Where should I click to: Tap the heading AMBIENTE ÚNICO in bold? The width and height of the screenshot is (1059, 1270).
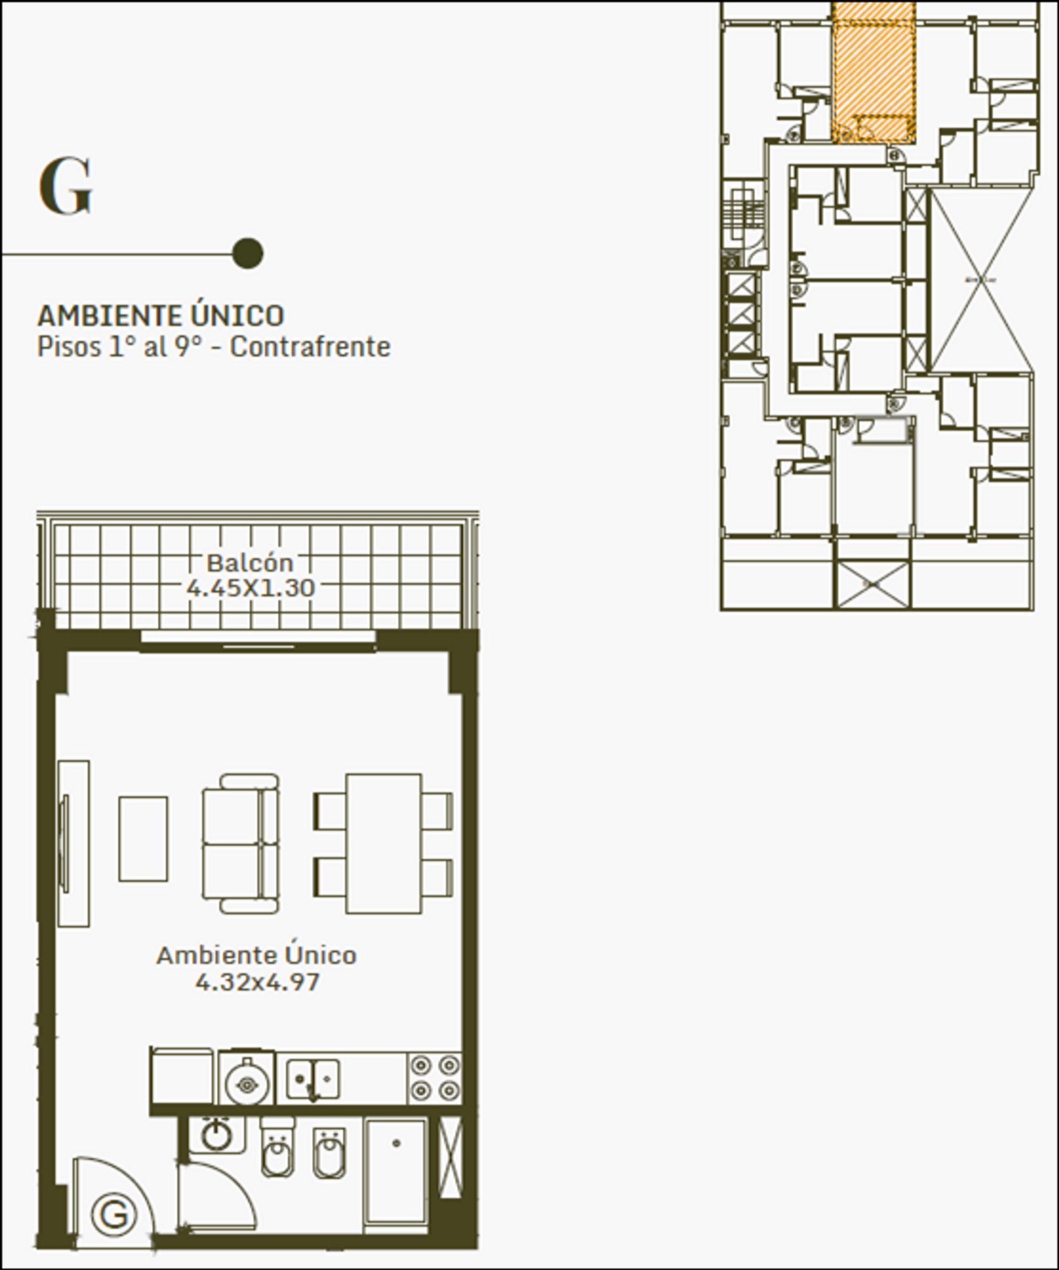coord(161,315)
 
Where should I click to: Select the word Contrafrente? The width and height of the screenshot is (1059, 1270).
coord(311,347)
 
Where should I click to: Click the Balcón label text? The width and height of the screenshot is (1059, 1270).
coord(250,563)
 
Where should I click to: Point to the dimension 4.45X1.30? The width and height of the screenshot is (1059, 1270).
coord(250,588)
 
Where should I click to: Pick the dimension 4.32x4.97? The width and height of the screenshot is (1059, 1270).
coord(257,982)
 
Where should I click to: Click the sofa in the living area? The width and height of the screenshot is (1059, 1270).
coord(240,844)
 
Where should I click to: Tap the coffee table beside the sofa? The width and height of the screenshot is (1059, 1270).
coord(143,839)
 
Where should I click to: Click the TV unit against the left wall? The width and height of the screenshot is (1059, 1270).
coord(74,844)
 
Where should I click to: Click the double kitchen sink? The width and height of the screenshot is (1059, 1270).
coord(312,1078)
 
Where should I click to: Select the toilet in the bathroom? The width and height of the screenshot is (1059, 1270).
coord(277,1149)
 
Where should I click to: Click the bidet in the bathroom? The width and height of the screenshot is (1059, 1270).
coord(330,1153)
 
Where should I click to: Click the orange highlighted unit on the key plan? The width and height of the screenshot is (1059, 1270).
coord(873,73)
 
